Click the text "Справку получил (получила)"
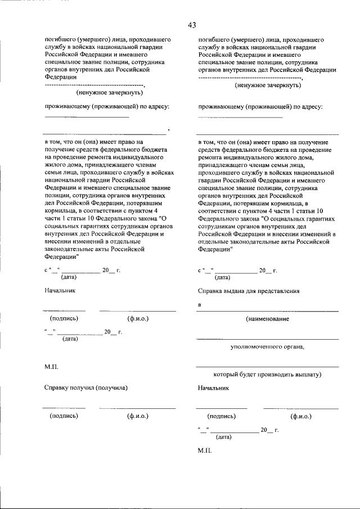86,388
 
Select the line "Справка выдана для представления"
249,291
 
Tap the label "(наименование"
268,319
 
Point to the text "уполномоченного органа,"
268,346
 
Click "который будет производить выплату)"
267,374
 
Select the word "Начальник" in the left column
60,291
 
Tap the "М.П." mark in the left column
52,366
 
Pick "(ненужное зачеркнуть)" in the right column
267,85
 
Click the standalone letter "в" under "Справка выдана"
200,305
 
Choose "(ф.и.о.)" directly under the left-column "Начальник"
137,318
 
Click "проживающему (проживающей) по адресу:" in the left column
107,106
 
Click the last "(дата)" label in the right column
224,436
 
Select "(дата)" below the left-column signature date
70,339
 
